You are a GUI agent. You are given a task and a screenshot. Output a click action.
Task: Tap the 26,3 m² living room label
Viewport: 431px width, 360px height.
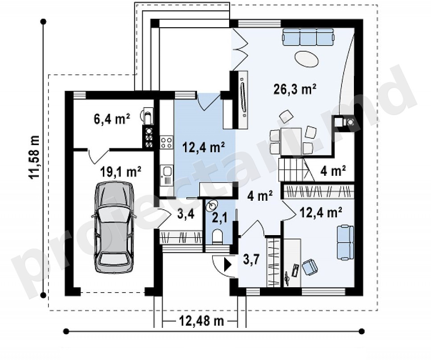point(295,89)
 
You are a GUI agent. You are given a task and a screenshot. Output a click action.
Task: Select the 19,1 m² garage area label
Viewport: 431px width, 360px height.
point(121,172)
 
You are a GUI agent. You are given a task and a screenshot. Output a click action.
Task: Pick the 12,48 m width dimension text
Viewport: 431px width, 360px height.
point(201,320)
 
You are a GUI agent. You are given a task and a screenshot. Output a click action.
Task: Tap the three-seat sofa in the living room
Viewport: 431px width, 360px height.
point(308,37)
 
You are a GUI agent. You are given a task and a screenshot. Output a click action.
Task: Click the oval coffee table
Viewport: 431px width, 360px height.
point(307,59)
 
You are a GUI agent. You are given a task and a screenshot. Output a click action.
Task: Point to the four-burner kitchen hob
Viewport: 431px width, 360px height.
point(166,142)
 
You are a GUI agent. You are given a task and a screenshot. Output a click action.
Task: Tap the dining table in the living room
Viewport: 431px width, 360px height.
point(291,141)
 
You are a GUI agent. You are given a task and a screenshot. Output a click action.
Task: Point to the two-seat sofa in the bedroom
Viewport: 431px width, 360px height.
point(345,242)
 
